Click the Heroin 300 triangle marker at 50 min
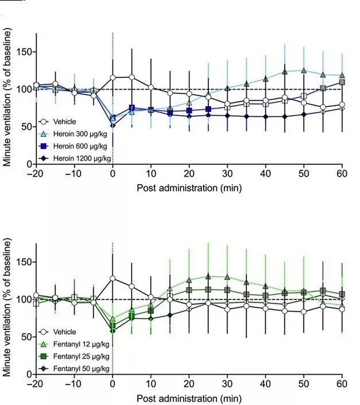coord(303,70)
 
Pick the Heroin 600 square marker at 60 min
coord(341,82)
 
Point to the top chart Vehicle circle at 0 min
coord(113,78)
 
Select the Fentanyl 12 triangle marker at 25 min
coord(208,276)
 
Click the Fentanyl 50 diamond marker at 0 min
coord(113,330)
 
